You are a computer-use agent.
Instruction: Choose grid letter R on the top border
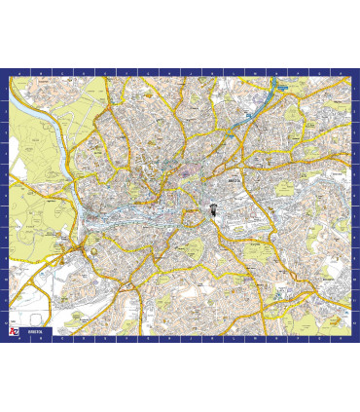tap(340, 73)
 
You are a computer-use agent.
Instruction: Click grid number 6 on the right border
tap(355, 194)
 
